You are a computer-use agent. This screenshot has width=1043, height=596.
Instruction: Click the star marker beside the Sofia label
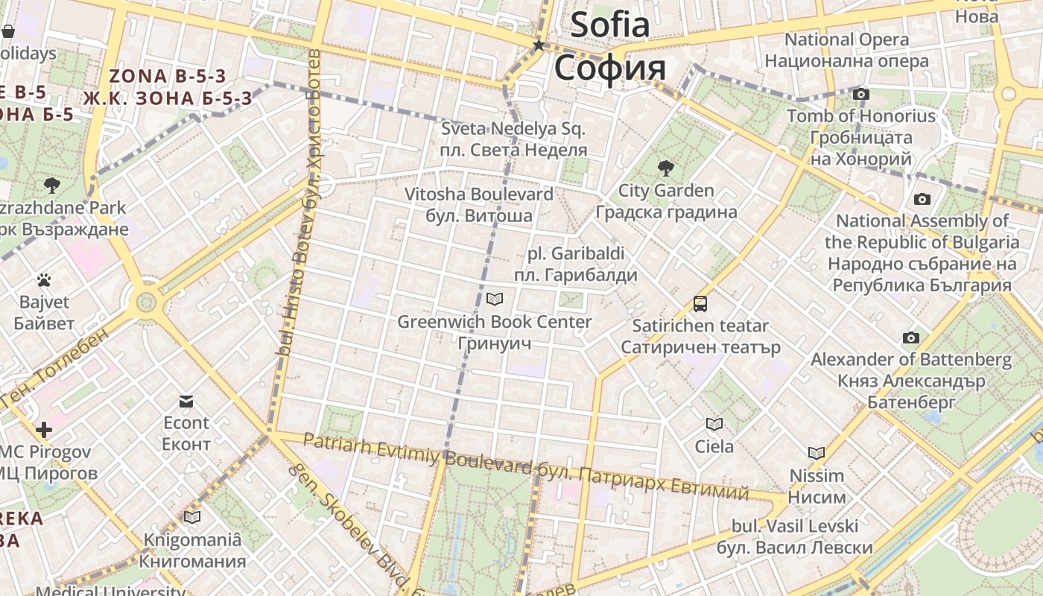pyautogui.click(x=538, y=45)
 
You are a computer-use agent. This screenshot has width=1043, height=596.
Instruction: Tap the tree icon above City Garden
pyautogui.click(x=665, y=168)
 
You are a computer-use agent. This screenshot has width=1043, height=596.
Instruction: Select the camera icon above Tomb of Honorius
pyautogui.click(x=861, y=94)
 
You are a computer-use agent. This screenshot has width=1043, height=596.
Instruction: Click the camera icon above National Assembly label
pyautogui.click(x=922, y=199)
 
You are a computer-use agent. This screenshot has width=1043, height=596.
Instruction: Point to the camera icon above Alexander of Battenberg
pyautogui.click(x=910, y=337)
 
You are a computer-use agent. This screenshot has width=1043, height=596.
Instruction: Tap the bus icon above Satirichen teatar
pyautogui.click(x=700, y=304)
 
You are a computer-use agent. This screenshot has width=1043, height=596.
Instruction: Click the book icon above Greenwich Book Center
pyautogui.click(x=495, y=299)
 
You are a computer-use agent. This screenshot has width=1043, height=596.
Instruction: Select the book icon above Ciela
pyautogui.click(x=714, y=424)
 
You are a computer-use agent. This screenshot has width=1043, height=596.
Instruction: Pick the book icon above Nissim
pyautogui.click(x=817, y=453)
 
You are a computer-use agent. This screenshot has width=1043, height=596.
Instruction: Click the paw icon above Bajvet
pyautogui.click(x=44, y=280)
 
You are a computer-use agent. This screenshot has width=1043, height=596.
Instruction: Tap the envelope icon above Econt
pyautogui.click(x=186, y=402)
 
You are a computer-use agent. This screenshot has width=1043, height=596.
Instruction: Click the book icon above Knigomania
pyautogui.click(x=192, y=517)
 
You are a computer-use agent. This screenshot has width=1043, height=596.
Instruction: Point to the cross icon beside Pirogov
pyautogui.click(x=44, y=430)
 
